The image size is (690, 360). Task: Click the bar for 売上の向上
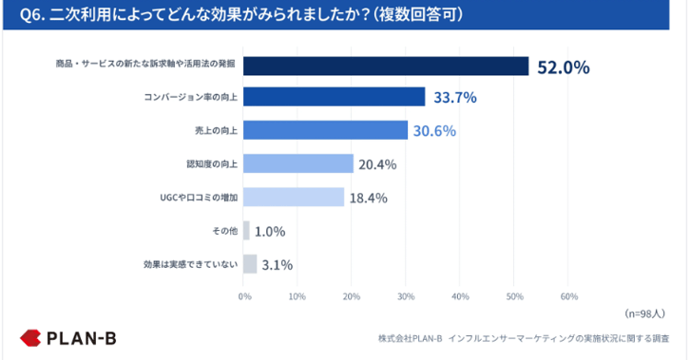[325, 130]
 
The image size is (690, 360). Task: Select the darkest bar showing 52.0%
[386, 66]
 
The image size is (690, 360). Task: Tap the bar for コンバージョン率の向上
[335, 97]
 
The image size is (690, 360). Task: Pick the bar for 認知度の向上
[298, 163]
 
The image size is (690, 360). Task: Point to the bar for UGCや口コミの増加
[294, 197]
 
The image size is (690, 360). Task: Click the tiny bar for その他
[247, 231]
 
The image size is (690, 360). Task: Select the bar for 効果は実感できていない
[251, 263]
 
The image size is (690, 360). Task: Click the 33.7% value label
[456, 97]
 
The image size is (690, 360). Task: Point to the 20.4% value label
[377, 164]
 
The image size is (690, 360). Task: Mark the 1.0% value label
[271, 231]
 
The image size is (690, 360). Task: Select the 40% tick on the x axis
[460, 296]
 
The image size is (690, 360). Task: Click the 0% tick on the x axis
[244, 296]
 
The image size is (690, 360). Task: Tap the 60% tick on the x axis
[568, 296]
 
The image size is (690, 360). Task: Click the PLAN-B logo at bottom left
[68, 337]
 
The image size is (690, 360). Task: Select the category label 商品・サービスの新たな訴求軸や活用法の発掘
[144, 66]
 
